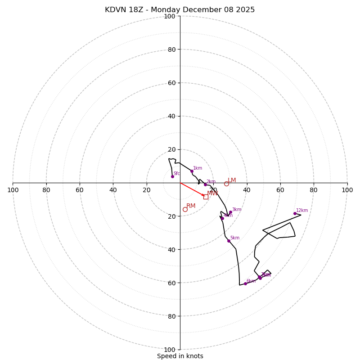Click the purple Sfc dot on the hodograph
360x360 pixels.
[172, 176]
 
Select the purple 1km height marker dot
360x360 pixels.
[192, 171]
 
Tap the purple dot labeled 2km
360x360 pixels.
[205, 184]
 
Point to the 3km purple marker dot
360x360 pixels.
[230, 212]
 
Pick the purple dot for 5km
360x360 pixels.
[229, 241]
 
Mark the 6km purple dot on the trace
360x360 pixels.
[245, 283]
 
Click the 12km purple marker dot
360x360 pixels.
[295, 213]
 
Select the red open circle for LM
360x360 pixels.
[226, 184]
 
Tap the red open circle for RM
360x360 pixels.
[185, 209]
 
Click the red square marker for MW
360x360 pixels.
[206, 197]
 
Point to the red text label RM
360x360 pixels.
[191, 206]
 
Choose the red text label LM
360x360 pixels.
[232, 180]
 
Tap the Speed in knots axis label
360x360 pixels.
[180, 356]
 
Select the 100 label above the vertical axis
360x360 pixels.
[170, 16]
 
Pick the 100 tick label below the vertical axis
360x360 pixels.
[170, 349]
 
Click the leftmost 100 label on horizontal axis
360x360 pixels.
[13, 190]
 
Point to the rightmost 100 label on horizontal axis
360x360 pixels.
[347, 190]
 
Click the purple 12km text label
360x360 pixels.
[302, 210]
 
